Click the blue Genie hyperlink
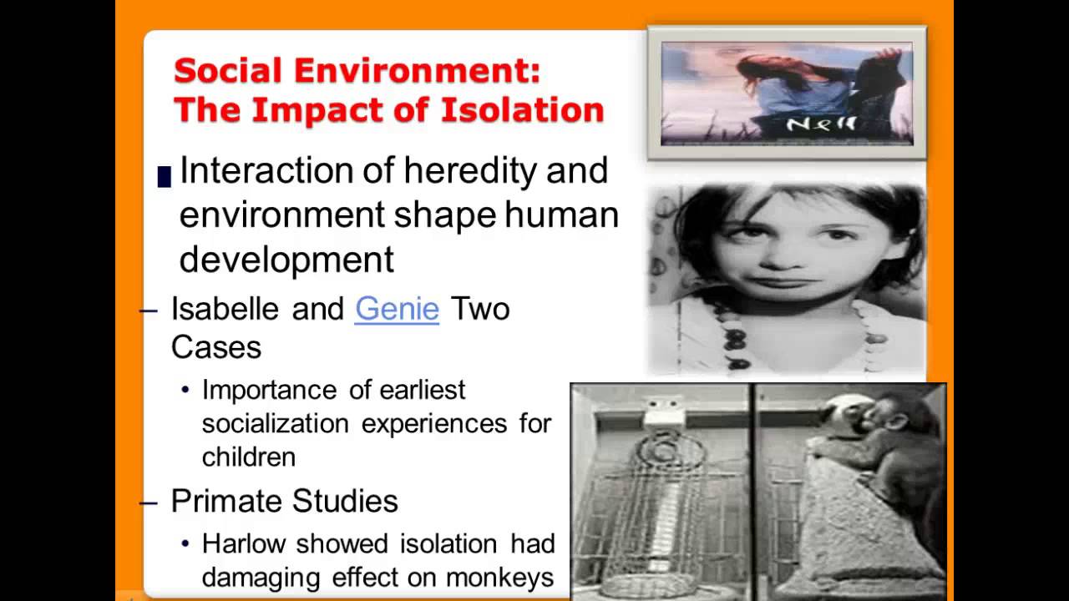point(397,309)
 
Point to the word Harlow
point(243,544)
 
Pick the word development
point(286,260)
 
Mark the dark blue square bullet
point(164,175)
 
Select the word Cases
point(216,346)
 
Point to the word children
point(249,457)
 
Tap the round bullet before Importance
point(185,391)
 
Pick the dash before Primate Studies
point(149,502)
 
